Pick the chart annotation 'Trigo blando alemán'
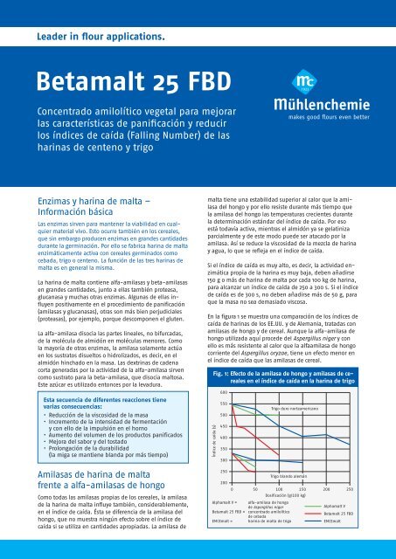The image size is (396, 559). click(x=289, y=476)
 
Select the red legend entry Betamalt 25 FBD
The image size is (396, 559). click(x=339, y=514)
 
